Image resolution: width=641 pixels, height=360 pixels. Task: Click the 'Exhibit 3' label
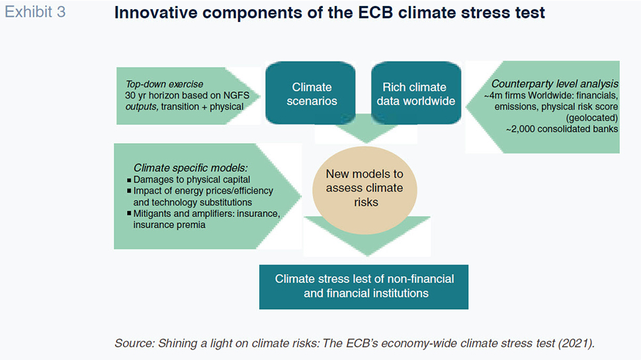(x=35, y=13)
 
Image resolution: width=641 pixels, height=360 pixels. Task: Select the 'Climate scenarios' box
(x=311, y=93)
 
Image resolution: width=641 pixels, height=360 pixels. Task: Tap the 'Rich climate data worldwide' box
(x=416, y=93)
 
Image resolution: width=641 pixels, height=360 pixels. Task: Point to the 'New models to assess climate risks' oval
(x=364, y=190)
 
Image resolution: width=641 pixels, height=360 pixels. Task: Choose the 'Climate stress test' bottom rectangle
(x=364, y=287)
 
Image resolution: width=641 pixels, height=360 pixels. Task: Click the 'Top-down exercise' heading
(x=164, y=84)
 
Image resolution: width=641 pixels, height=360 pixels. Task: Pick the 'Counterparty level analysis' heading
(x=555, y=84)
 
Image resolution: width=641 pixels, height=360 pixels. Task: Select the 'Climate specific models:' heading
(x=191, y=167)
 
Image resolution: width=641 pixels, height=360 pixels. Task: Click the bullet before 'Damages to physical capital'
(x=129, y=180)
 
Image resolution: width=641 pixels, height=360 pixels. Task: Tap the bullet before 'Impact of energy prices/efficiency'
(x=129, y=191)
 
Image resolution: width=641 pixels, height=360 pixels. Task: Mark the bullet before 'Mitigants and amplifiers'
(x=129, y=213)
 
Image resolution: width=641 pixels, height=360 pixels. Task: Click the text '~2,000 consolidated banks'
(x=562, y=129)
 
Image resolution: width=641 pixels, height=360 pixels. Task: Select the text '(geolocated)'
(x=592, y=118)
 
